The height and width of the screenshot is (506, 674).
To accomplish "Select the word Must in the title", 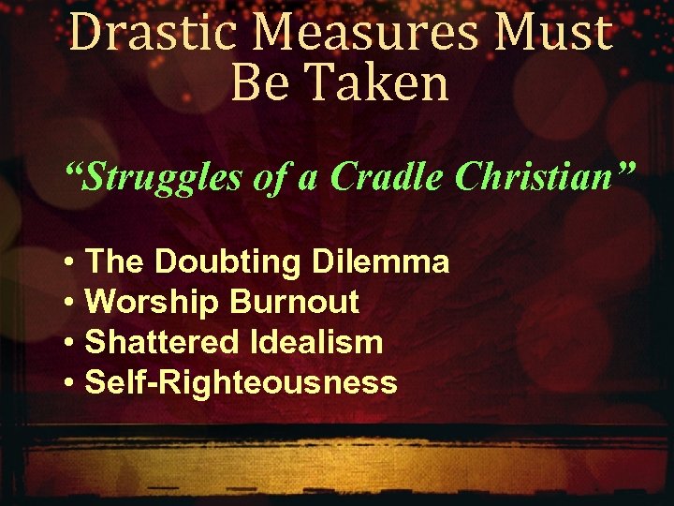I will (558, 34).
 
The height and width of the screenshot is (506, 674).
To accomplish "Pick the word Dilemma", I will (378, 261).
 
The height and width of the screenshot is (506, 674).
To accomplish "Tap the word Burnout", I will (294, 302).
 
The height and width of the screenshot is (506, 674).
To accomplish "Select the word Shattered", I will (161, 342).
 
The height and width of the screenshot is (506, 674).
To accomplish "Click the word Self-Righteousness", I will (241, 382).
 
